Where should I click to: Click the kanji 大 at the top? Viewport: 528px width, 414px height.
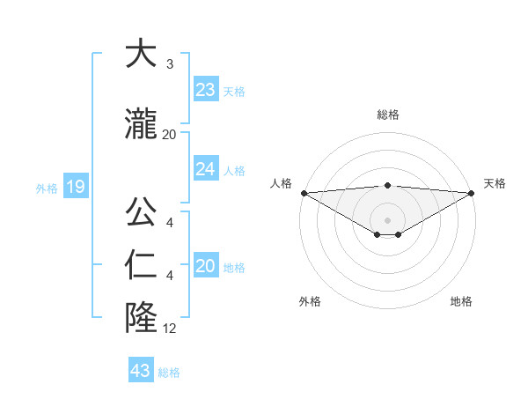point(142,54)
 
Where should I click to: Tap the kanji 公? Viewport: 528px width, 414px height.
point(142,214)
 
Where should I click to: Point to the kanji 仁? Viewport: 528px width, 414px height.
point(142,266)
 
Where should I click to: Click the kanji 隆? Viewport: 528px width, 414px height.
point(142,317)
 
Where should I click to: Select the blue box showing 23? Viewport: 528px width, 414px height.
point(206,90)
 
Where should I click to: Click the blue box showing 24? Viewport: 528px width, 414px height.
point(206,169)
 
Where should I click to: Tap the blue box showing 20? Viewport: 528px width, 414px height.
point(206,266)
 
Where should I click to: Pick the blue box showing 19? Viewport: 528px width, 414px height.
point(75,187)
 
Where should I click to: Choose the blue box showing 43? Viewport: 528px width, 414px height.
point(141,371)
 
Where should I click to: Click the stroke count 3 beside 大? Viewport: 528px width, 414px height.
point(170,64)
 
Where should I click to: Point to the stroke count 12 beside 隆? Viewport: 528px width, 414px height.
point(170,329)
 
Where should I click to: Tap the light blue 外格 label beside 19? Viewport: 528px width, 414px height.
point(47,188)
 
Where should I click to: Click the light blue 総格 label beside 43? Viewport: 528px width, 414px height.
point(169,372)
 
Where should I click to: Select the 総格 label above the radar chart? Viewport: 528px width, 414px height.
point(388,115)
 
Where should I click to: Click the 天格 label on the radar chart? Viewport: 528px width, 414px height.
point(495,183)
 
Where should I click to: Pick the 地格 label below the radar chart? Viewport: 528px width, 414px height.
point(461,301)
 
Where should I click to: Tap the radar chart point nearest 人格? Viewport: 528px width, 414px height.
point(304,193)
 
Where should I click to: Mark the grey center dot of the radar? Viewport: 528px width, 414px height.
point(388,219)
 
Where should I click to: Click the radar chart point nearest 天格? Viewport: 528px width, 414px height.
point(472,193)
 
